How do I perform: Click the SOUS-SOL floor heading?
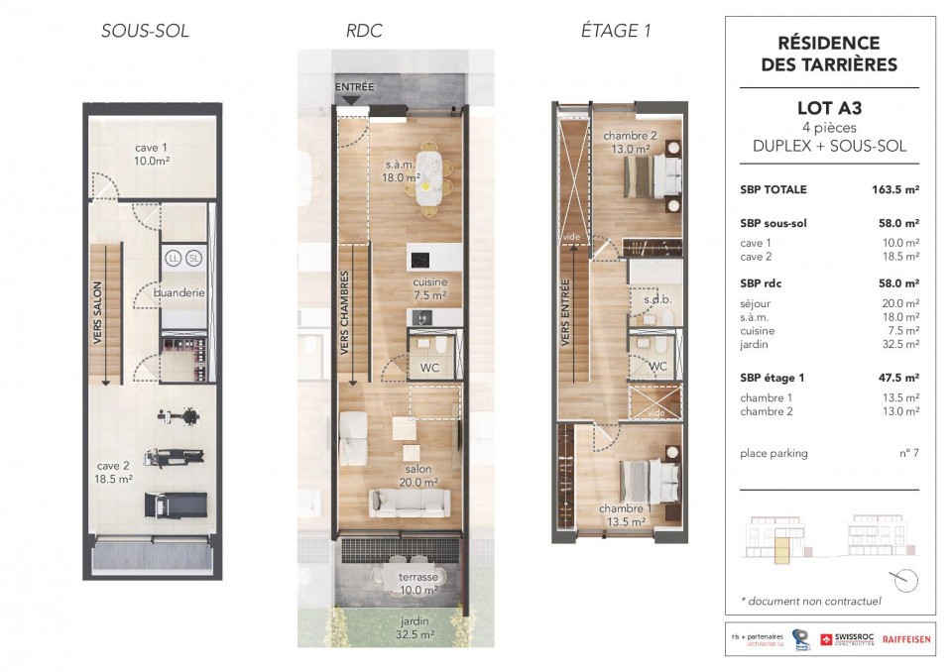click(145, 31)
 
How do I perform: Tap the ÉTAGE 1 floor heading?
click(616, 31)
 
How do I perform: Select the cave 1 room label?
click(151, 155)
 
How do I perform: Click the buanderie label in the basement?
click(179, 292)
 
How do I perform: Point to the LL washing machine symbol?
click(174, 259)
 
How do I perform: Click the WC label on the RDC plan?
click(429, 368)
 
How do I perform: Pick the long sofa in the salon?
click(410, 504)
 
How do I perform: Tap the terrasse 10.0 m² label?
click(418, 584)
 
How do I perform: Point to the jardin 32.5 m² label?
click(416, 627)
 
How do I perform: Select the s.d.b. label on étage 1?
click(658, 300)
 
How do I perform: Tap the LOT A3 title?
click(829, 108)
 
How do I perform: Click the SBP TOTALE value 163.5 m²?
click(895, 189)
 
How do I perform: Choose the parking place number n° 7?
click(909, 453)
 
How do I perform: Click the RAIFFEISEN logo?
click(905, 639)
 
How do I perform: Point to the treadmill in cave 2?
click(177, 504)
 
